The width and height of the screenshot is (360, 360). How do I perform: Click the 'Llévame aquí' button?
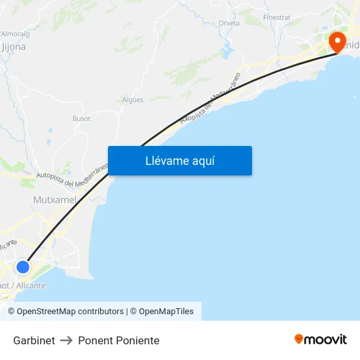(x=179, y=160)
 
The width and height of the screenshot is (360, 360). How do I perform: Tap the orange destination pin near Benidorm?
(x=338, y=43)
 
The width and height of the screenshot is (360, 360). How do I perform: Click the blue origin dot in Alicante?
(x=23, y=267)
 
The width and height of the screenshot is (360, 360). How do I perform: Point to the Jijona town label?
(x=14, y=46)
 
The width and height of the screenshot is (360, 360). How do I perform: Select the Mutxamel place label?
(x=54, y=199)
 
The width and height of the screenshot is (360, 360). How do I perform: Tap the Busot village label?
(x=81, y=118)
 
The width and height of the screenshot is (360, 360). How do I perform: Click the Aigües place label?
(x=133, y=99)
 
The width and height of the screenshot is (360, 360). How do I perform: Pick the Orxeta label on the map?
(x=229, y=23)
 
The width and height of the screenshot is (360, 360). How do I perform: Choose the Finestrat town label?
(x=276, y=16)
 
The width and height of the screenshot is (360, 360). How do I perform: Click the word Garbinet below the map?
(x=34, y=340)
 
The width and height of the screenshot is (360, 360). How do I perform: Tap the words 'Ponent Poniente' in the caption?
(x=118, y=340)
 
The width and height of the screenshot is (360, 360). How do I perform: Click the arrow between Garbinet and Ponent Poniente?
(x=66, y=340)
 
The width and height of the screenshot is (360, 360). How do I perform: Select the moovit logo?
(x=321, y=339)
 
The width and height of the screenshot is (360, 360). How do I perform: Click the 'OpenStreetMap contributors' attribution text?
(x=65, y=312)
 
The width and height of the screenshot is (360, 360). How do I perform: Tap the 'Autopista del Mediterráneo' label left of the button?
(x=72, y=174)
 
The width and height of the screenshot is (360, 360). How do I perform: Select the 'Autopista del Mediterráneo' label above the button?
(x=209, y=98)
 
